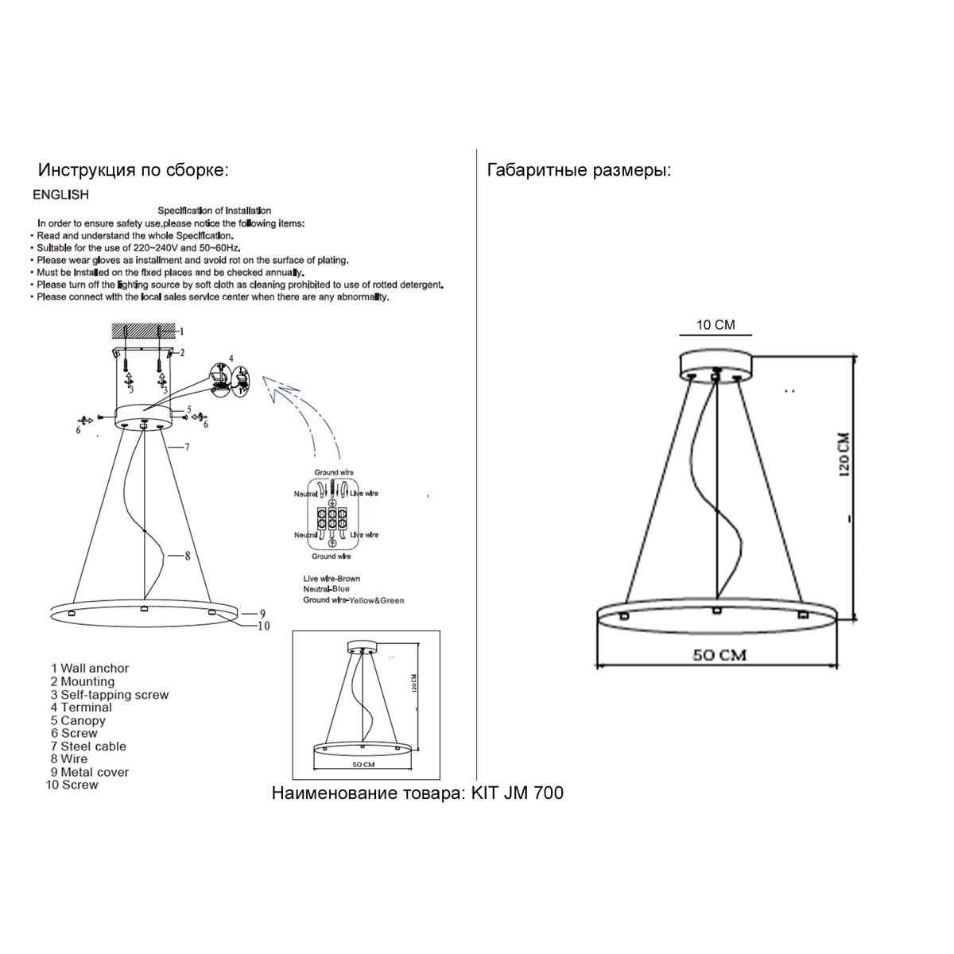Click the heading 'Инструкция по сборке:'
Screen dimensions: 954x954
pos(134,170)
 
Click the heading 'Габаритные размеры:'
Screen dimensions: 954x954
pos(579,170)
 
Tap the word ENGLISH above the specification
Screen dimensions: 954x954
pos(60,195)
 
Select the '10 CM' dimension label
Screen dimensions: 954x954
pos(715,325)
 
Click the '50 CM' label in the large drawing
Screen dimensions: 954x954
pos(719,656)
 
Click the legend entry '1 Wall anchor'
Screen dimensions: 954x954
pos(89,669)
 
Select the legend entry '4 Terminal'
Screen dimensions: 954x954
pos(81,707)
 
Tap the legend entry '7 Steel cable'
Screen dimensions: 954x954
pos(88,746)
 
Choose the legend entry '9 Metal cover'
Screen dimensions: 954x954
pos(89,771)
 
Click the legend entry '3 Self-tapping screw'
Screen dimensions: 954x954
pos(110,694)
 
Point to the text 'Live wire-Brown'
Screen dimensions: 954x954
pos(332,579)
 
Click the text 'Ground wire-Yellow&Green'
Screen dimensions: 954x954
pos(353,600)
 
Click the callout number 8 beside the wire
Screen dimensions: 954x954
pos(187,556)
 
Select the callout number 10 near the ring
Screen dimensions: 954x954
pos(263,626)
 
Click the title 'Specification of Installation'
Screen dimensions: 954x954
pos(214,211)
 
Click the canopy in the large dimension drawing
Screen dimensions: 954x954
pos(715,363)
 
